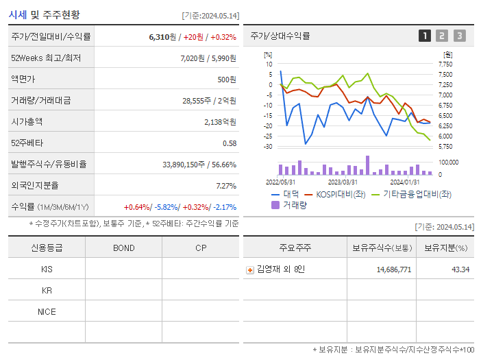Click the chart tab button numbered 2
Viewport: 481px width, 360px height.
442,36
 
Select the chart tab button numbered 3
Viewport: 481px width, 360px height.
460,36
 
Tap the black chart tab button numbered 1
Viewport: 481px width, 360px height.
425,36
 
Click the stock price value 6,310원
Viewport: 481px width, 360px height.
162,37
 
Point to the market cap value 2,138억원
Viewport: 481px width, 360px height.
220,122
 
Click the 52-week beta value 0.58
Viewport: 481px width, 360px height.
230,143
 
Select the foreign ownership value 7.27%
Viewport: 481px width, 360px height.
226,186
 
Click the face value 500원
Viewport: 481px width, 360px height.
227,80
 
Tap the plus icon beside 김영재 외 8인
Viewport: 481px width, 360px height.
250,270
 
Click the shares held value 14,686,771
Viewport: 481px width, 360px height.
394,269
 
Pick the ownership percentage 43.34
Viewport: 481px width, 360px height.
460,269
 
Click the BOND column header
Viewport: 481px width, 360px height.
124,248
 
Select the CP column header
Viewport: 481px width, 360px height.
201,248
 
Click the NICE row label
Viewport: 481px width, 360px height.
47,312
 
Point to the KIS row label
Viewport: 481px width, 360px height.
47,269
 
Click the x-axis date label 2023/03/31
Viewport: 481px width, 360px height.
343,182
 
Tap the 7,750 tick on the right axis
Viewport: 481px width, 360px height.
445,64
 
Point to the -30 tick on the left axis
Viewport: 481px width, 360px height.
268,146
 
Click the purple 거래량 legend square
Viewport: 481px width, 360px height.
275,205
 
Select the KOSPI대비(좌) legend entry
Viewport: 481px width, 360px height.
335,195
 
